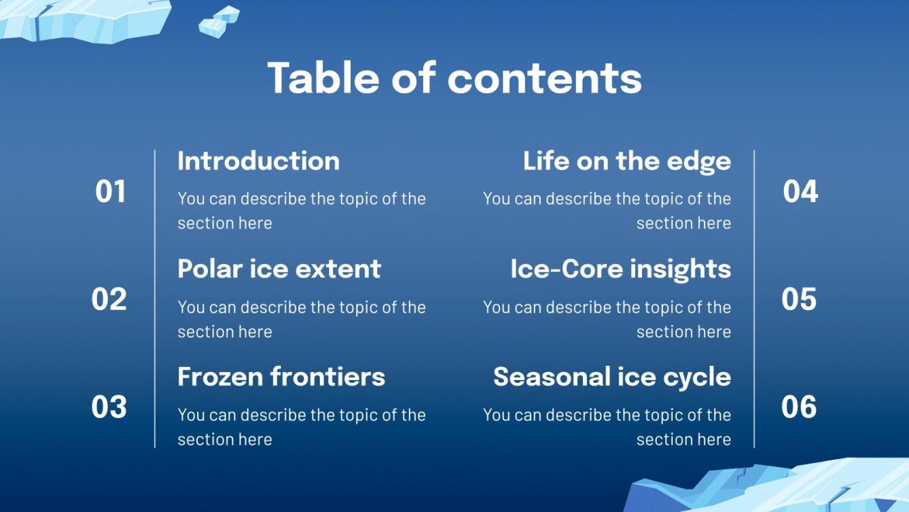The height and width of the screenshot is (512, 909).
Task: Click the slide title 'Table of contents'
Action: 454,78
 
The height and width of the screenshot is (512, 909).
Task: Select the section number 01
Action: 111,192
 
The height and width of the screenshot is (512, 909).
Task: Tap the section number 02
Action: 109,299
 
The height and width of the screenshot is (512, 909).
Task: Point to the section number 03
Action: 109,407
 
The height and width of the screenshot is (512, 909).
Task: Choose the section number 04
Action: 800,192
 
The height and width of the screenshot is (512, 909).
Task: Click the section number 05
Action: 799,299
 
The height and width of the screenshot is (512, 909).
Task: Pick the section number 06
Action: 799,407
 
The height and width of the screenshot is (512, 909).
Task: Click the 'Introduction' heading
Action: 258,161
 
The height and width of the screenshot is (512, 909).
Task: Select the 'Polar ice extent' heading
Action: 279,269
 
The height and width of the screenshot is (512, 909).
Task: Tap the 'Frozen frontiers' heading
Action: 281,377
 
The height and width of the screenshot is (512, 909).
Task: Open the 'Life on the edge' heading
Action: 626,161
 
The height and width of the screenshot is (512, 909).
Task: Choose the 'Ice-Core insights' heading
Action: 620,269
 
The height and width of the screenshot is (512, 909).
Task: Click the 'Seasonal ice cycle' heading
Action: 611,377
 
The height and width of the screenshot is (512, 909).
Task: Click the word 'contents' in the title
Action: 544,78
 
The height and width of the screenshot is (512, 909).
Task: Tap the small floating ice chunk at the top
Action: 219,22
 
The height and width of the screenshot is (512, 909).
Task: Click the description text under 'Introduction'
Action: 301,211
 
